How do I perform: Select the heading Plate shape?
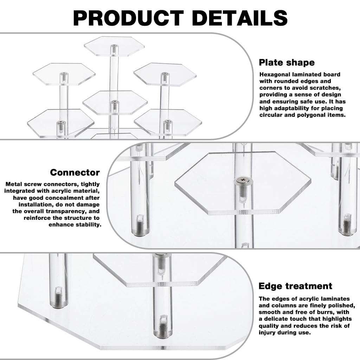(x=287, y=63)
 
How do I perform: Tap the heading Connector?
(x=75, y=173)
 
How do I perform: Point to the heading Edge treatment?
(x=295, y=286)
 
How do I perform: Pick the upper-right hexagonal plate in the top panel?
(x=164, y=73)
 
